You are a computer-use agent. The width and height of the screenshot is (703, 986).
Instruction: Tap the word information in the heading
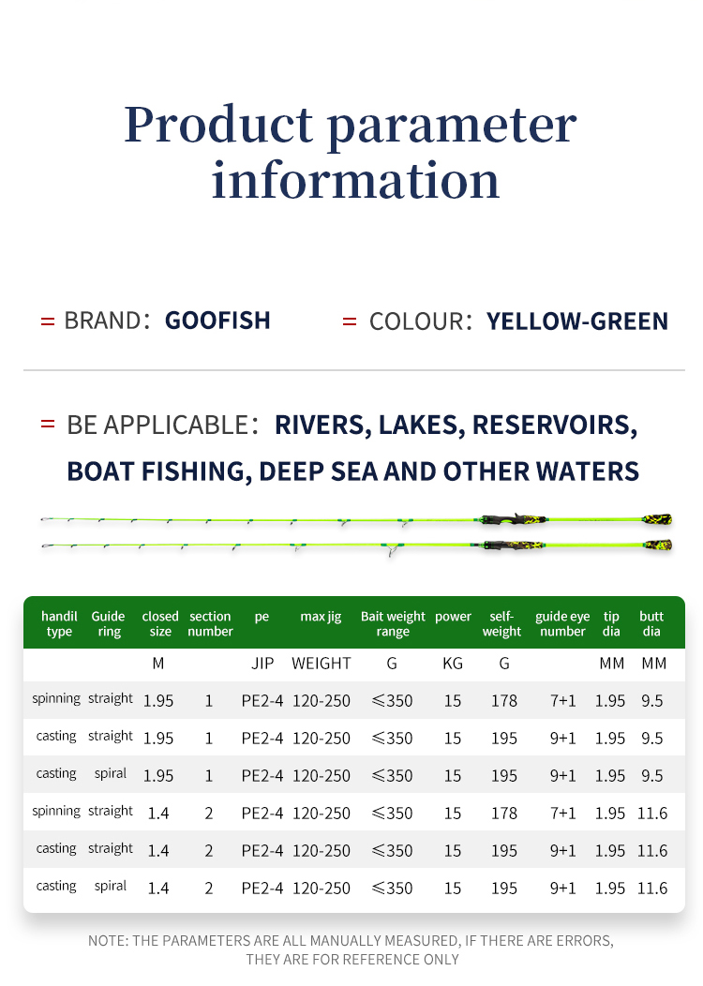point(355,180)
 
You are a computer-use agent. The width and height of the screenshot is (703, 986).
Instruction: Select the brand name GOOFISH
point(217,321)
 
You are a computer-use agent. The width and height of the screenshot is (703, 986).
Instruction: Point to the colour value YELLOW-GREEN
point(577,321)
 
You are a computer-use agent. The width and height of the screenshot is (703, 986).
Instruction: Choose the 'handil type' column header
point(59,624)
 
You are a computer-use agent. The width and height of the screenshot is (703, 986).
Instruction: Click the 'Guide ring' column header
point(109,624)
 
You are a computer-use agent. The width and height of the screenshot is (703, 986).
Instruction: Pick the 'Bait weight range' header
point(393,624)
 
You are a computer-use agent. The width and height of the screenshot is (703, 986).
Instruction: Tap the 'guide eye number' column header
point(562,624)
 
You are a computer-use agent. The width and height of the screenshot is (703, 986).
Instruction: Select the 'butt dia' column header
point(651,624)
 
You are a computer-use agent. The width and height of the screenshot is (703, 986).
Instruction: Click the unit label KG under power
point(453,664)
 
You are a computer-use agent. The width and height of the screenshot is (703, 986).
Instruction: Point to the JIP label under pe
point(262,664)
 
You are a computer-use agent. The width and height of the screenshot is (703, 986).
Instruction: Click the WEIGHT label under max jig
point(322,664)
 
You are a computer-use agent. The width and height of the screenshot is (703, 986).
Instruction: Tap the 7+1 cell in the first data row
point(563,701)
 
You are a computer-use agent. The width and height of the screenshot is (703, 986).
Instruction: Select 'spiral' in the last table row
point(111,886)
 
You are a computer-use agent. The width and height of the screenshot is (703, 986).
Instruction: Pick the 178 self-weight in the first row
point(504,701)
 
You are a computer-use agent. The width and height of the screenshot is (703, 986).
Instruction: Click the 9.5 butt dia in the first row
point(652,701)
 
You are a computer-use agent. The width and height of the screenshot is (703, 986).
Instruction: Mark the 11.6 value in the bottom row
point(652,888)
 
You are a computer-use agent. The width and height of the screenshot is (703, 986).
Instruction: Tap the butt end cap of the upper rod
point(657,519)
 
